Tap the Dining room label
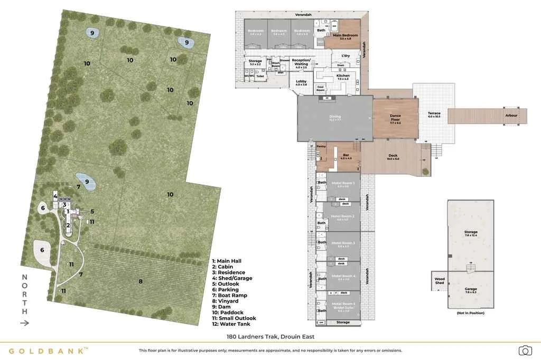coord(335,118)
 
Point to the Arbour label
coord(511,115)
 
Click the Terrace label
coord(434,115)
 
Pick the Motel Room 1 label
coord(342,184)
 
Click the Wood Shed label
coord(440,281)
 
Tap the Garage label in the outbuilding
coord(470,290)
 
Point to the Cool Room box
coord(320,88)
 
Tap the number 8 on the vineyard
coord(141,281)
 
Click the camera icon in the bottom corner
coord(525,350)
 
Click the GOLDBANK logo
coord(48,350)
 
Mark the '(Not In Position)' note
coord(470,314)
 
